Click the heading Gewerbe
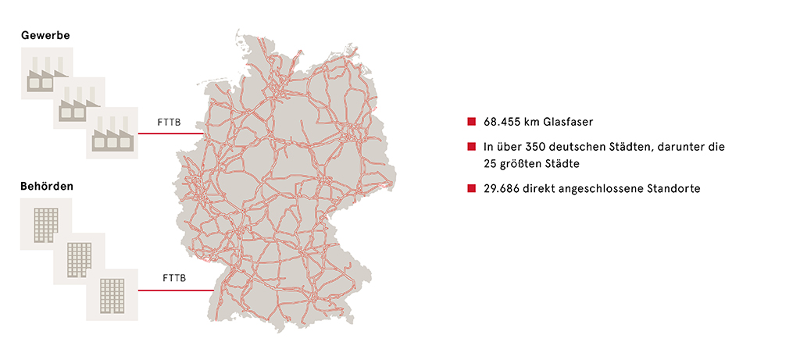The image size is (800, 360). point(45,35)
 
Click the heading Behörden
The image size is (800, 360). point(47,187)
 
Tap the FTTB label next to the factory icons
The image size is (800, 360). point(169,123)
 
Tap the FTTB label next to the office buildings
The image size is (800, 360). point(173,278)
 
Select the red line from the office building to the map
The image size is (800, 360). point(176,290)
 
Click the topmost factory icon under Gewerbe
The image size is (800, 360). point(47,73)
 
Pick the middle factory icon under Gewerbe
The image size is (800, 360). point(79,103)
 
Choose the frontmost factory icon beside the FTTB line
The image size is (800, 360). point(112,133)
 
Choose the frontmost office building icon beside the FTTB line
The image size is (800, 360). point(112,294)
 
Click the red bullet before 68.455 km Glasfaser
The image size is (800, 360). point(471,122)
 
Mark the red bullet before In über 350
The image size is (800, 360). point(471,146)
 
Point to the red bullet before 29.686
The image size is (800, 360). point(471,187)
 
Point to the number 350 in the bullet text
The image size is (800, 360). point(541,146)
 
